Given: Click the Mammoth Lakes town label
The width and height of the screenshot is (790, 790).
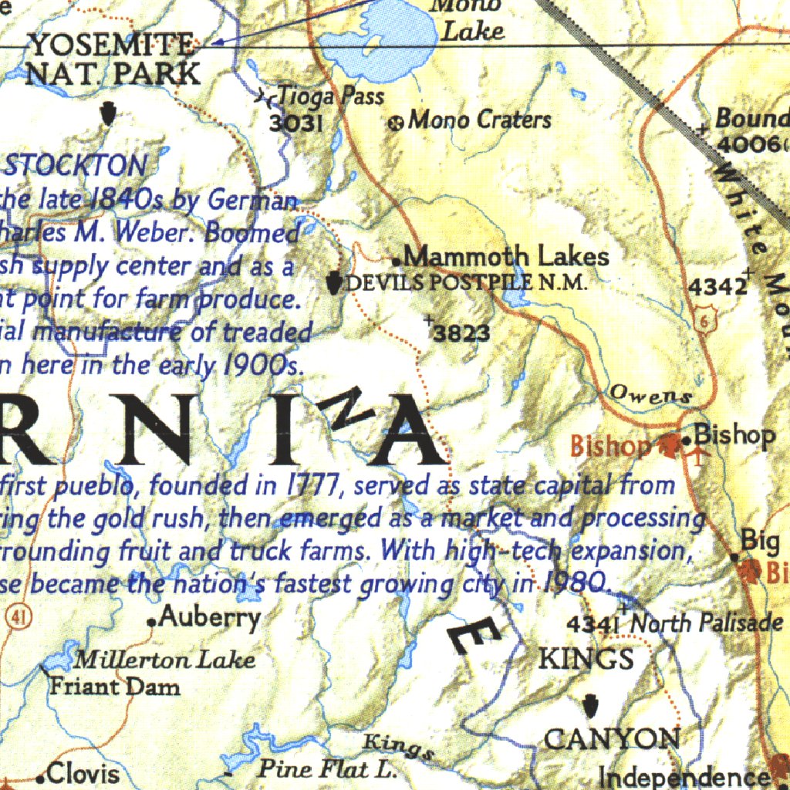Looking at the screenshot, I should click(506, 256).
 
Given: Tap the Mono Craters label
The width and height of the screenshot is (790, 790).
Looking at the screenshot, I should click(479, 120).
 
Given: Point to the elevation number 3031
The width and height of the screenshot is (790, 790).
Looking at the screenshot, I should click(295, 123).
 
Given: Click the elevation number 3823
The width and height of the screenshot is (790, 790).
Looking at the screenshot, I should click(461, 333).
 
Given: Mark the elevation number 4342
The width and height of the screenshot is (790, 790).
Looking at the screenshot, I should click(717, 287).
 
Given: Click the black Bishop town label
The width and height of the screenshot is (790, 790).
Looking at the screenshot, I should click(734, 435).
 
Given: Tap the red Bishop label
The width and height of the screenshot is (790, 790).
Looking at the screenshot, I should click(610, 445).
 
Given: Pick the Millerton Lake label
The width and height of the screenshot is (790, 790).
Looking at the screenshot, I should click(164, 660).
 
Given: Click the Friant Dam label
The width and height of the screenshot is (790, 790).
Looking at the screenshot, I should click(114, 686).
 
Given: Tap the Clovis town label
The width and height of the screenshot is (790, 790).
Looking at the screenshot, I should click(83, 773).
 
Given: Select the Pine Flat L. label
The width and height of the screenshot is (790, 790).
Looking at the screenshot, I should click(326, 769).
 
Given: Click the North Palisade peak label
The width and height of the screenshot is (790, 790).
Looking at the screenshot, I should click(706, 623).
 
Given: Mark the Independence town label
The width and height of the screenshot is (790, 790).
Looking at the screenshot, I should click(684, 777).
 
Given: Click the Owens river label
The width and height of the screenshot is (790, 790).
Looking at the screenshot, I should click(650, 394).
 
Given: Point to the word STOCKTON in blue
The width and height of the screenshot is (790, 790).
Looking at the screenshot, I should click(76, 165).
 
